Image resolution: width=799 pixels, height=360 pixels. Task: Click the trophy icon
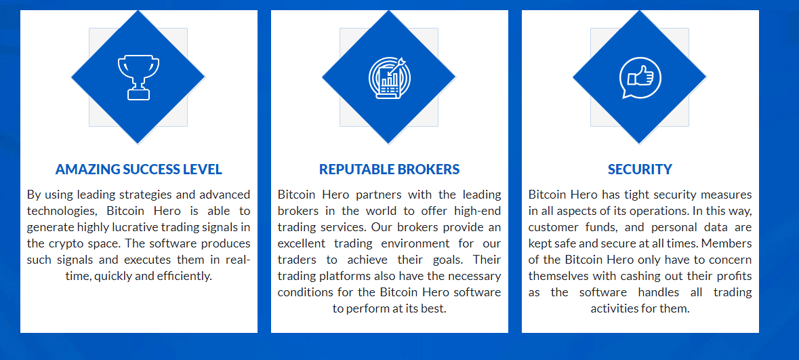tap(138, 77)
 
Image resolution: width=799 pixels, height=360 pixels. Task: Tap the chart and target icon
tap(389, 77)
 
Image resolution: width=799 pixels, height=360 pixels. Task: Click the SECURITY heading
tap(640, 169)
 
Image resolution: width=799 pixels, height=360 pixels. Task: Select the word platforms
tap(344, 277)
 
